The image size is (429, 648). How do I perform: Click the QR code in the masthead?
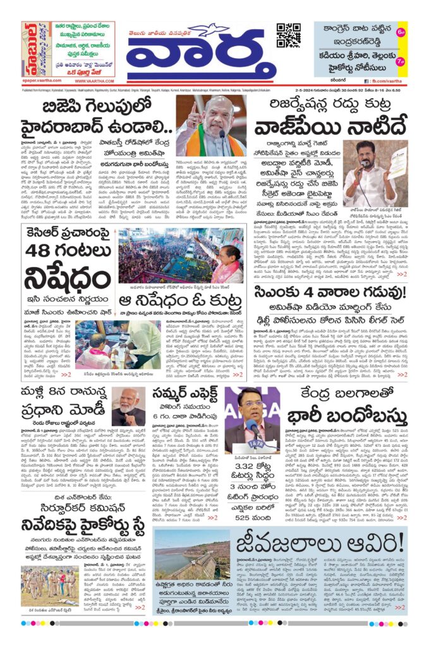click(x=288, y=35)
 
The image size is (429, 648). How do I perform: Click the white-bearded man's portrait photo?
click(x=129, y=408)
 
